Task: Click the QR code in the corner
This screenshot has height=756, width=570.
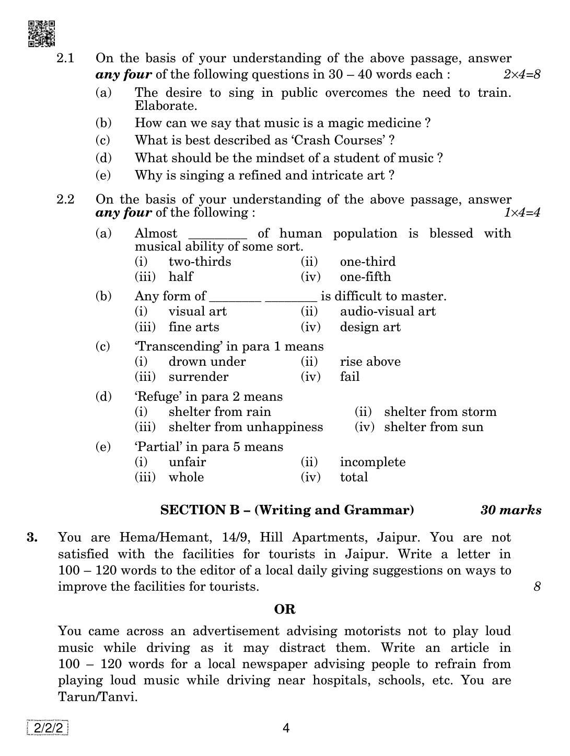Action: tap(41, 33)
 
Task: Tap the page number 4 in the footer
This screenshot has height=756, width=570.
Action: tap(285, 728)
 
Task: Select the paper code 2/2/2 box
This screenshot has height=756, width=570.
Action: tap(48, 728)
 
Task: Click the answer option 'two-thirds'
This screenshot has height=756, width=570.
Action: tap(200, 262)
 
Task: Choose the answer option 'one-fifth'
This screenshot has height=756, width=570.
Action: tap(365, 277)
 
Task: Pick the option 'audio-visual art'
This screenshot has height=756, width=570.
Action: tap(388, 311)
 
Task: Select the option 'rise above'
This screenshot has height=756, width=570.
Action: tap(370, 362)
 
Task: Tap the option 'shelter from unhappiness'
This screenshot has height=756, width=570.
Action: tap(246, 427)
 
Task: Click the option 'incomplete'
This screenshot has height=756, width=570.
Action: tap(373, 462)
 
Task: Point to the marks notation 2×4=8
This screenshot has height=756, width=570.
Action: tap(521, 74)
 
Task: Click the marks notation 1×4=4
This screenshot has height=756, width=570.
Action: tap(521, 212)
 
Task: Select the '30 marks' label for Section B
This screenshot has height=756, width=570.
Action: tap(510, 510)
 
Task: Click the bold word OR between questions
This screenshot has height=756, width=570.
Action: tap(285, 610)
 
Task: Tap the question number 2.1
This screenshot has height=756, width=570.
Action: tap(66, 58)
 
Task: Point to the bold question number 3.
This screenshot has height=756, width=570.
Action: tap(32, 537)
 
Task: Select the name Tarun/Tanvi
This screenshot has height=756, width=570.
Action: tap(98, 697)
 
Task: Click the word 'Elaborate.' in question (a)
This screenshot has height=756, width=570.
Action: tap(166, 106)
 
